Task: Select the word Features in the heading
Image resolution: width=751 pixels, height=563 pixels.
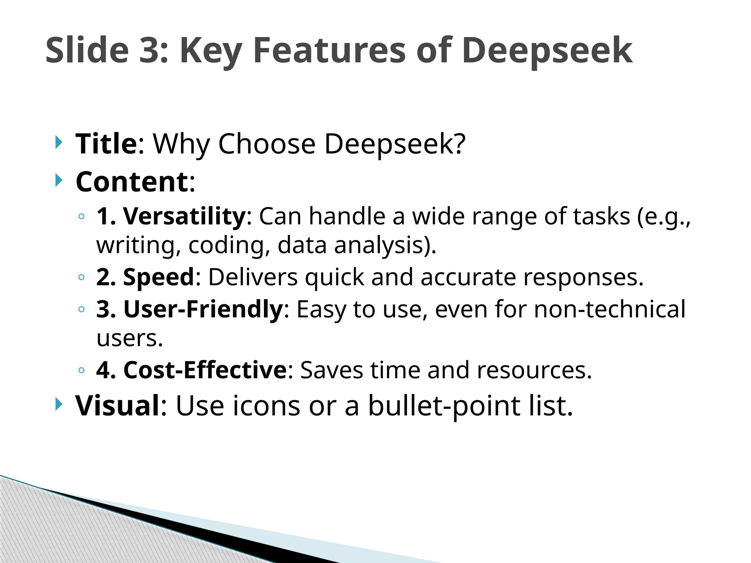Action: pyautogui.click(x=329, y=50)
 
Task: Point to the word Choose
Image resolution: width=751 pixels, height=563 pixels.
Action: pyautogui.click(x=267, y=144)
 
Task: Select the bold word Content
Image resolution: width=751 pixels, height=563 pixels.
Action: pyautogui.click(x=132, y=182)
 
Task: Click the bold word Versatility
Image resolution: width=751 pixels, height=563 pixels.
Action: pyautogui.click(x=184, y=216)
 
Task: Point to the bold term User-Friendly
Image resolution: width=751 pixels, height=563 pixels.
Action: pyautogui.click(x=203, y=309)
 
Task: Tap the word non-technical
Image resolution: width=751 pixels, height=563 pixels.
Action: pyautogui.click(x=609, y=309)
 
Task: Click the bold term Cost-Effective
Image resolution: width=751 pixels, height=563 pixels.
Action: pyautogui.click(x=205, y=370)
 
